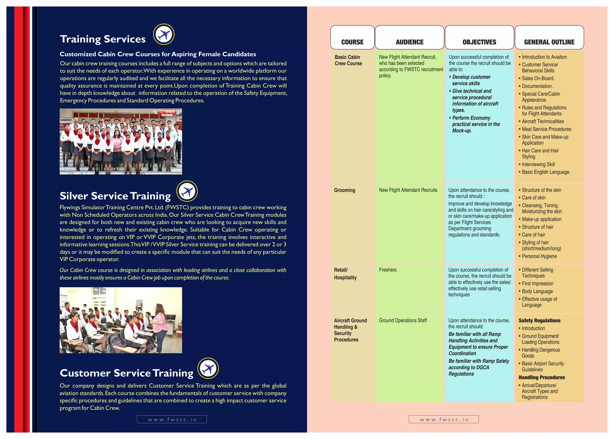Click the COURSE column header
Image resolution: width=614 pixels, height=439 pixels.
tap(352, 42)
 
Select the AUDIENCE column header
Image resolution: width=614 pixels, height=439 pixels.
tap(410, 42)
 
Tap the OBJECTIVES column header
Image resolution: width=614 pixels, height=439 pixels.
tap(479, 42)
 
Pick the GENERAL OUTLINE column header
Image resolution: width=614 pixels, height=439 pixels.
tap(549, 42)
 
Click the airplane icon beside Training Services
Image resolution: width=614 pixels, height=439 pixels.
tap(164, 34)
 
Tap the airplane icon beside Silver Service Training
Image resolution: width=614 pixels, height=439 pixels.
tap(187, 191)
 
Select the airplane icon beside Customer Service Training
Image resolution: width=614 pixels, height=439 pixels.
tap(208, 368)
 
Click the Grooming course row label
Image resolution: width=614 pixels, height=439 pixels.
tap(344, 190)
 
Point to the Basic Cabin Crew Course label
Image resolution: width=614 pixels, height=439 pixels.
tap(348, 60)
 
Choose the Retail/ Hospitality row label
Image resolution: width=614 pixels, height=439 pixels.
tap(345, 274)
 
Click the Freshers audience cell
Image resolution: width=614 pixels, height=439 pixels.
tap(387, 270)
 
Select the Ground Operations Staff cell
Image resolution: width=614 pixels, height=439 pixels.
tap(403, 320)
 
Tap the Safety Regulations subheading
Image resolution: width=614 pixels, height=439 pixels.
tap(539, 320)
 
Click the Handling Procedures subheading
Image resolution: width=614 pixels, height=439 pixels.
tap(541, 377)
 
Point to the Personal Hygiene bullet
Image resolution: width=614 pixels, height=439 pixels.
tap(539, 256)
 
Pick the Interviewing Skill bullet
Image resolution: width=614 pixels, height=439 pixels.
tap(538, 164)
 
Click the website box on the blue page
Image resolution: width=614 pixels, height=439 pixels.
tap(172, 419)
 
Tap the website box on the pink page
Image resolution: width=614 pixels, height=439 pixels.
tap(444, 419)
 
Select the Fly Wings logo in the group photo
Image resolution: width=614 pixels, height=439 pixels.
tap(167, 112)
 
